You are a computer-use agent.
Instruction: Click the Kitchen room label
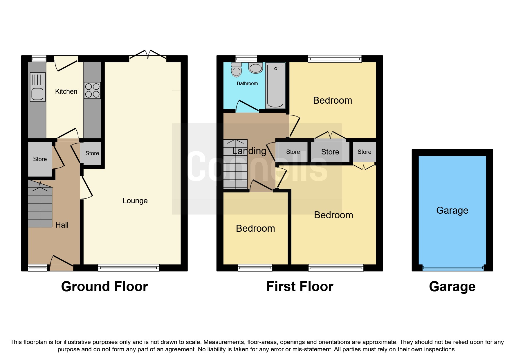click(x=66, y=91)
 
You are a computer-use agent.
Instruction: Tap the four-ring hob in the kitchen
click(x=93, y=90)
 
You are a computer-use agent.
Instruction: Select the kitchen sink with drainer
click(x=38, y=87)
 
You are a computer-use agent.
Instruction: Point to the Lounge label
click(x=135, y=201)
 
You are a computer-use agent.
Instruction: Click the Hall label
click(x=62, y=225)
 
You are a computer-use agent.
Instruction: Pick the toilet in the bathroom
click(x=237, y=69)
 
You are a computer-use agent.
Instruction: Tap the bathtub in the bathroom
click(x=275, y=85)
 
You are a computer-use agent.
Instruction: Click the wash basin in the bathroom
click(x=256, y=68)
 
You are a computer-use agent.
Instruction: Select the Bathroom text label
click(x=247, y=83)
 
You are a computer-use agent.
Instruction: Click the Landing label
click(x=249, y=151)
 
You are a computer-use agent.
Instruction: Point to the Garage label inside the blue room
click(x=452, y=210)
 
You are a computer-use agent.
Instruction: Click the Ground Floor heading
click(x=104, y=287)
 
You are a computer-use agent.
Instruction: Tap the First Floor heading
click(x=300, y=287)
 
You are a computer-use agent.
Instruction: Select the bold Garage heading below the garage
click(x=452, y=287)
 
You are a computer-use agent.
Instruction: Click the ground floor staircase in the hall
click(x=40, y=204)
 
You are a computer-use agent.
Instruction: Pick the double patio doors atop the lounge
click(x=148, y=55)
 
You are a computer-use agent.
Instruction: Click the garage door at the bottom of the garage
click(x=453, y=269)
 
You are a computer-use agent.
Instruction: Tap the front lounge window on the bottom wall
click(x=129, y=268)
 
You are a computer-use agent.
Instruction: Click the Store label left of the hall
click(x=40, y=159)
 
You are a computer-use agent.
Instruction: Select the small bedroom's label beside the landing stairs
click(x=255, y=228)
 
